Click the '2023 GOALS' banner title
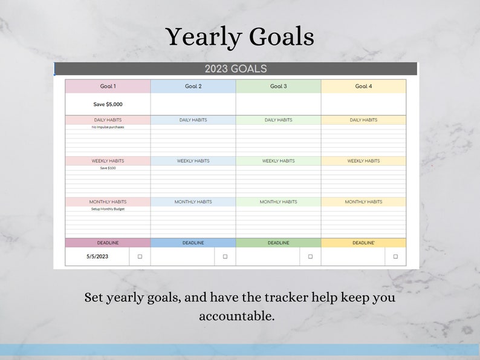(x=235, y=69)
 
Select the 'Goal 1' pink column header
(x=108, y=87)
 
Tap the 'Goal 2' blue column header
(x=193, y=87)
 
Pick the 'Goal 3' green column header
(x=278, y=87)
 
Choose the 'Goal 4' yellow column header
(x=363, y=87)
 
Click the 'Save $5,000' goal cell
(x=108, y=104)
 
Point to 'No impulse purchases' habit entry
(x=108, y=127)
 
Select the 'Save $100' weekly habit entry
(x=108, y=168)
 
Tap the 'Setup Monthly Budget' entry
(x=108, y=209)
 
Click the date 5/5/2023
(x=97, y=257)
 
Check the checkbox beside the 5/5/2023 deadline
(x=140, y=257)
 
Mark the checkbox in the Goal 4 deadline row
(x=395, y=257)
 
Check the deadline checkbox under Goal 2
(x=225, y=257)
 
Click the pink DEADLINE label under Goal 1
(x=108, y=243)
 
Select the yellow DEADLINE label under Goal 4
(x=363, y=243)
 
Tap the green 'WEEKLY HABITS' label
(x=278, y=161)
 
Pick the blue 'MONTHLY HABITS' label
(x=193, y=201)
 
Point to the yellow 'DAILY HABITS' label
(x=363, y=120)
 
